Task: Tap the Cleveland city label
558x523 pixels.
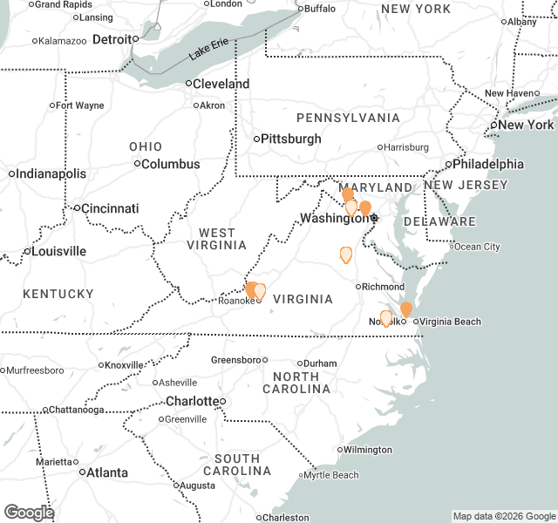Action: pos(221,85)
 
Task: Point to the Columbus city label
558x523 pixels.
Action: pos(171,164)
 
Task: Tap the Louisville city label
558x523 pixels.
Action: pos(58,251)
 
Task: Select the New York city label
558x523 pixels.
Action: pos(526,125)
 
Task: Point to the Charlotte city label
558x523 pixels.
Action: pos(194,401)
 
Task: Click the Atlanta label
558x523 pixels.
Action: pos(106,472)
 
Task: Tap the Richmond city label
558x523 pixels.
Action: pos(383,286)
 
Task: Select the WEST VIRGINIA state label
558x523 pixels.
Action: pos(217,240)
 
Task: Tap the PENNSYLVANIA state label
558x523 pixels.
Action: pos(348,118)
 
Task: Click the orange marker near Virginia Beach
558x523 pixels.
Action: pos(406,309)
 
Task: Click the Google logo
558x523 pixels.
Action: pos(29,513)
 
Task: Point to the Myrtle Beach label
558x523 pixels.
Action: pos(331,475)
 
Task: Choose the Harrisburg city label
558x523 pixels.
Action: pos(406,147)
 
